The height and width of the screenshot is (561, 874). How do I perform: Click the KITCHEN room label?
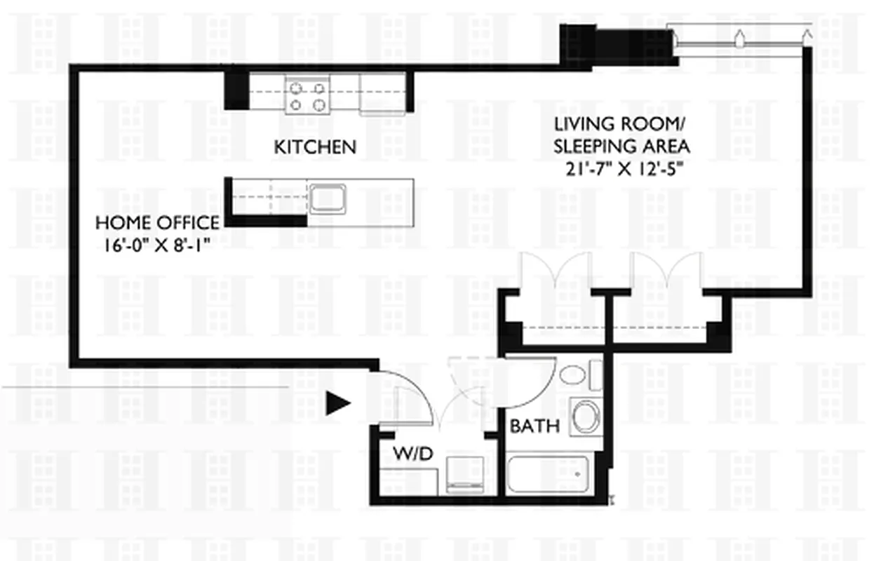coord(314,147)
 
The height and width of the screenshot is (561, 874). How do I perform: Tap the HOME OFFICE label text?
coord(156,223)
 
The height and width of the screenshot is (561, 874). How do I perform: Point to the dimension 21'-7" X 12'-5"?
coord(622,168)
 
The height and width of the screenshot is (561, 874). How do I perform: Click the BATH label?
coord(535,426)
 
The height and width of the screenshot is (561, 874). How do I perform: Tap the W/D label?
coord(407,454)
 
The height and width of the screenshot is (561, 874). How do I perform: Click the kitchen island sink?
coord(327,198)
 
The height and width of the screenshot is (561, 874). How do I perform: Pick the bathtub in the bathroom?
coord(549,475)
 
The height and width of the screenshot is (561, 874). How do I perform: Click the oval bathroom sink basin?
coord(573,374)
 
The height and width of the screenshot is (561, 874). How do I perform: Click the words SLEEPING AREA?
coord(622,147)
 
